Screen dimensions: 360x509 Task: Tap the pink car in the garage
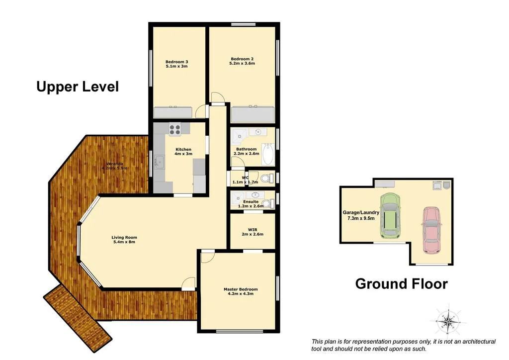pyautogui.click(x=431, y=229)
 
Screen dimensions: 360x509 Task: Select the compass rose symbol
pyautogui.click(x=448, y=321)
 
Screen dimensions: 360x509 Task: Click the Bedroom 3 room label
pyautogui.click(x=176, y=62)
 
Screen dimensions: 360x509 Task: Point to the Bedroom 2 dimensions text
pyautogui.click(x=242, y=64)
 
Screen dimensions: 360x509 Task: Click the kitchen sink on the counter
pyautogui.click(x=159, y=161)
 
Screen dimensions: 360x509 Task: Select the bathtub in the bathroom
pyautogui.click(x=268, y=154)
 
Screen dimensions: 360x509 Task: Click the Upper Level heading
pyautogui.click(x=78, y=87)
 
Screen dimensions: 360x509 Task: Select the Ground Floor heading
pyautogui.click(x=401, y=283)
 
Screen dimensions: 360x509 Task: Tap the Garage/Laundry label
pyautogui.click(x=361, y=212)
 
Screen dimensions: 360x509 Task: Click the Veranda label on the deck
pyautogui.click(x=114, y=164)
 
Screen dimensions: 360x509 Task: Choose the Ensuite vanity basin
pyautogui.click(x=255, y=195)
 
